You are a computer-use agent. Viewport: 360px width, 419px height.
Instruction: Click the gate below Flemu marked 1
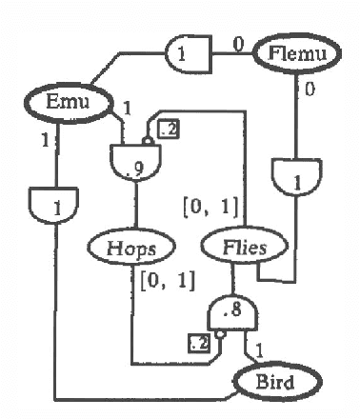pos(297,176)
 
